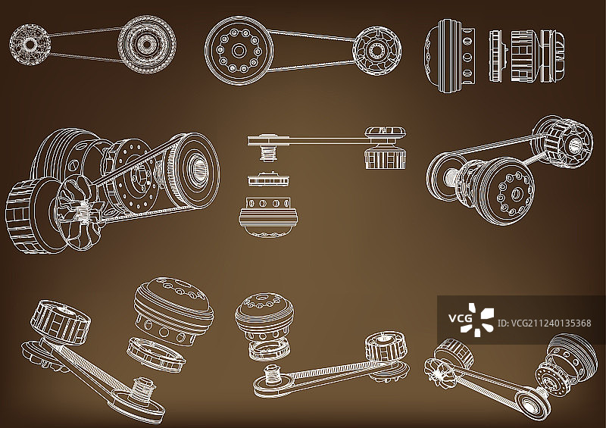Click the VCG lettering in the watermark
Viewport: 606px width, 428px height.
(460, 318)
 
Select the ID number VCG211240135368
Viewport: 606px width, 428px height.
(544, 323)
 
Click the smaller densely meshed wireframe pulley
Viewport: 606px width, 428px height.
(30, 45)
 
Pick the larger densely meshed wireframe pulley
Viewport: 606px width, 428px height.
(147, 45)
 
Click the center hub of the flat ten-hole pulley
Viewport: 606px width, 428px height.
(239, 50)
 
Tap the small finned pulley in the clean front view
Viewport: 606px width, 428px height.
(376, 51)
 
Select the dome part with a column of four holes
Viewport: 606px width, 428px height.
(450, 56)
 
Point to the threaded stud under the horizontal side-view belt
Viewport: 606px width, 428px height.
(267, 154)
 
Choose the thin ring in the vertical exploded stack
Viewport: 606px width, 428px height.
(268, 180)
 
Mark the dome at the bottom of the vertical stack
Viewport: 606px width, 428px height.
(270, 217)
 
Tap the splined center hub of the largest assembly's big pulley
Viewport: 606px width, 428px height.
(199, 170)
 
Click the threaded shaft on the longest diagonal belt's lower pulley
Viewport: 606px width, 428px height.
(144, 389)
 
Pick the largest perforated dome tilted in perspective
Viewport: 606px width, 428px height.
(173, 311)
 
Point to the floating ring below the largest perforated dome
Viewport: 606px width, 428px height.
(156, 355)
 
